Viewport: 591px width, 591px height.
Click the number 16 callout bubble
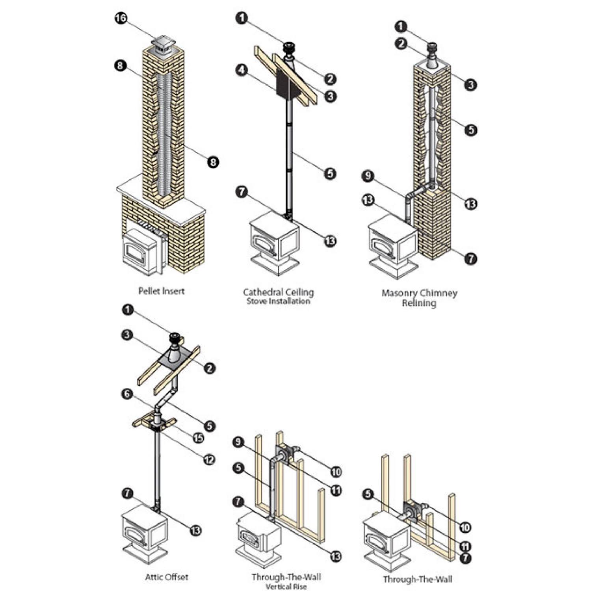pos(121,18)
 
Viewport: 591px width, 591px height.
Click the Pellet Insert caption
pos(161,291)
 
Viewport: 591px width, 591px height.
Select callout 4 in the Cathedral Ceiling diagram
pos(242,71)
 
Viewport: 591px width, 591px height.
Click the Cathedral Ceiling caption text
pos(278,293)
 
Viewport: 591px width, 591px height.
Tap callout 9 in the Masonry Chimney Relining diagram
pos(368,176)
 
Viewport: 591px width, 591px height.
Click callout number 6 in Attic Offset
pos(127,394)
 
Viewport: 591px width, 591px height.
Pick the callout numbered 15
pos(198,438)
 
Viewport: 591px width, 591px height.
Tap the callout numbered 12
pos(209,459)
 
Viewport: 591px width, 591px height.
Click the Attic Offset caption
pos(167,577)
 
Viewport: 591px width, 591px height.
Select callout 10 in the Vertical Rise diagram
pos(336,472)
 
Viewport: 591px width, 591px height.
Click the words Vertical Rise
pos(286,587)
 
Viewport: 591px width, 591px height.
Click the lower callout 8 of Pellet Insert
pos(213,162)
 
